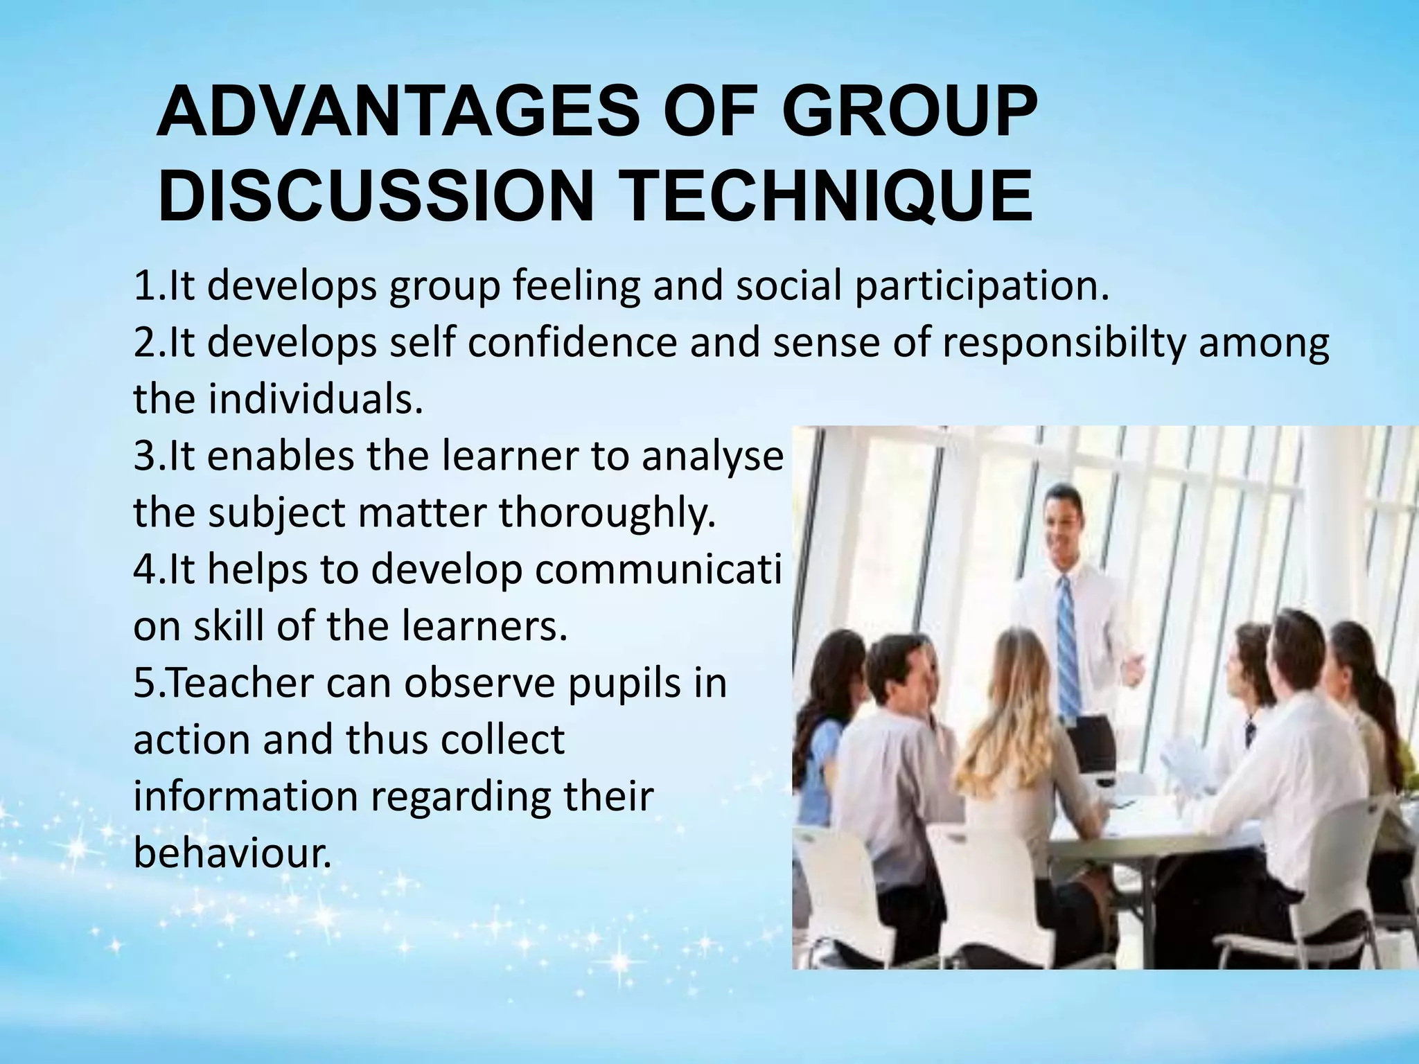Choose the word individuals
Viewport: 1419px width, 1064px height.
click(x=315, y=399)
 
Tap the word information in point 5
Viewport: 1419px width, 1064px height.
click(x=246, y=797)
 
